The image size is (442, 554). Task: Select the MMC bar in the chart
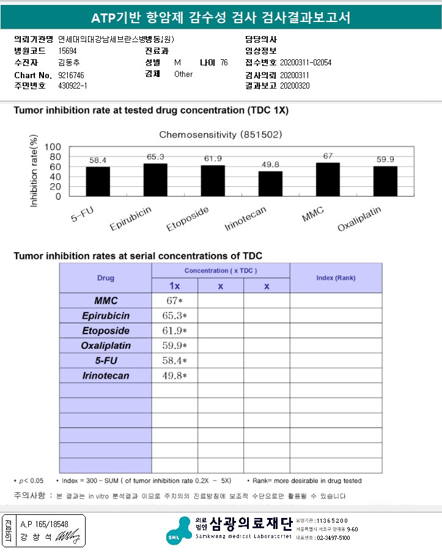point(328,180)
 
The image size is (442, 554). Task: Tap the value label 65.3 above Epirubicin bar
point(155,157)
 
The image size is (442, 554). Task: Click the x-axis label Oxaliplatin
point(360,219)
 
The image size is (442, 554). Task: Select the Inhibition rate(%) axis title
point(34,173)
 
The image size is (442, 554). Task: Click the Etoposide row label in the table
point(106,330)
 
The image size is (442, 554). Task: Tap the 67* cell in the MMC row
point(175,301)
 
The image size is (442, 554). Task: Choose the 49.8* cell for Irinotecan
point(175,376)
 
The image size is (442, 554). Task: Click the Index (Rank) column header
point(336,278)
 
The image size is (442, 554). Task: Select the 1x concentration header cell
point(175,286)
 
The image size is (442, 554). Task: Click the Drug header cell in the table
point(106,278)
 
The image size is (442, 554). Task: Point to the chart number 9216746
point(71,75)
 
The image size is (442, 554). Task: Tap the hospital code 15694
point(67,51)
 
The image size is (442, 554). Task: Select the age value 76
point(224,63)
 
